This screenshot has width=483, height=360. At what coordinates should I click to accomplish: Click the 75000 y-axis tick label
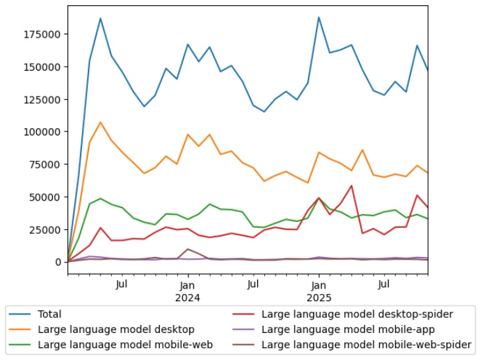[48, 164]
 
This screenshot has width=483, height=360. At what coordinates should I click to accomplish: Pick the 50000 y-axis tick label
[48, 197]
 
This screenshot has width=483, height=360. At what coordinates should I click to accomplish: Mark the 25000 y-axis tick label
[48, 229]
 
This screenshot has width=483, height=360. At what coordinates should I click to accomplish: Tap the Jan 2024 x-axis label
[188, 291]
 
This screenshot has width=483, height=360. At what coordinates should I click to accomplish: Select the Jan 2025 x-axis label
[318, 291]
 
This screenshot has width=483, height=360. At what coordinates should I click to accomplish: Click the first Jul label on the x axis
[122, 285]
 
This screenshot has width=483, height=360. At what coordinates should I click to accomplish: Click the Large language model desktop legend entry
[116, 330]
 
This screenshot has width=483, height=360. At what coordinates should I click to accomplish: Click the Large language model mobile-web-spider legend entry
[366, 344]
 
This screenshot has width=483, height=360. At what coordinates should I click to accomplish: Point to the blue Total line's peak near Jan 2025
[318, 17]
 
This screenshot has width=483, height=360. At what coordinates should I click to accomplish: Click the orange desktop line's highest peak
[100, 122]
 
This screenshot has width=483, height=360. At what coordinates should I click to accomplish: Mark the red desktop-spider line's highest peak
[352, 186]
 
